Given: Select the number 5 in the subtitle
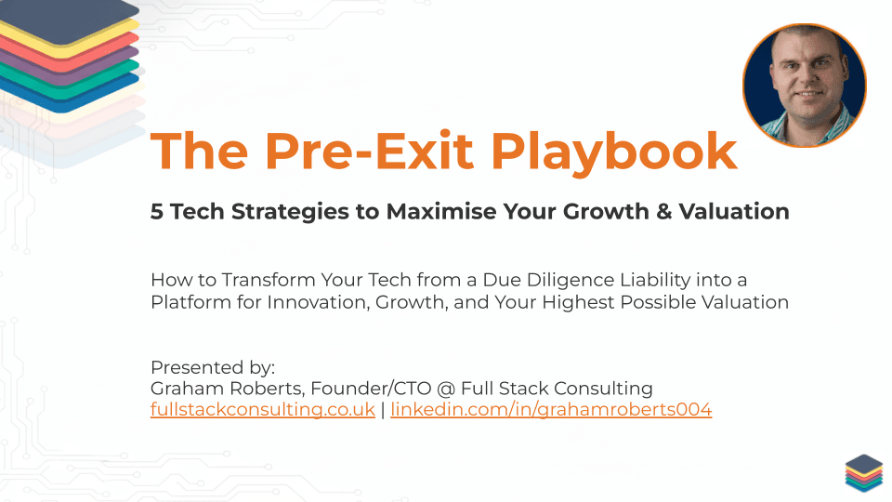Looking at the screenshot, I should click(x=157, y=212).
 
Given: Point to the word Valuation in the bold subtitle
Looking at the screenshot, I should click(x=741, y=212).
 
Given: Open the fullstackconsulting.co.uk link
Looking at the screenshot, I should click(x=263, y=410).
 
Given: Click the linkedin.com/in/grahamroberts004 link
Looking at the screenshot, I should click(x=551, y=410).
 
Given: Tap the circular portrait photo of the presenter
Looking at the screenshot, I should click(x=804, y=86).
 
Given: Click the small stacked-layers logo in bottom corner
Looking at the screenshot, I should click(x=863, y=473).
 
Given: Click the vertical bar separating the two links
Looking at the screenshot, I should click(x=383, y=410).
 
